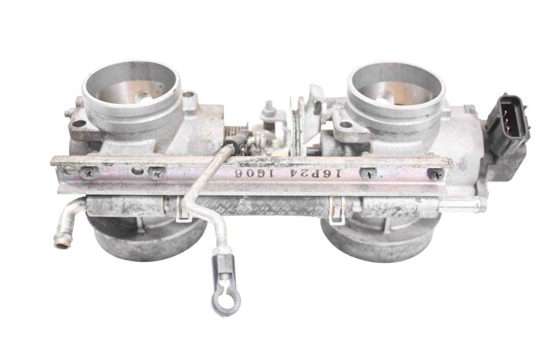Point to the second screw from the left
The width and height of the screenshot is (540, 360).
157,173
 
